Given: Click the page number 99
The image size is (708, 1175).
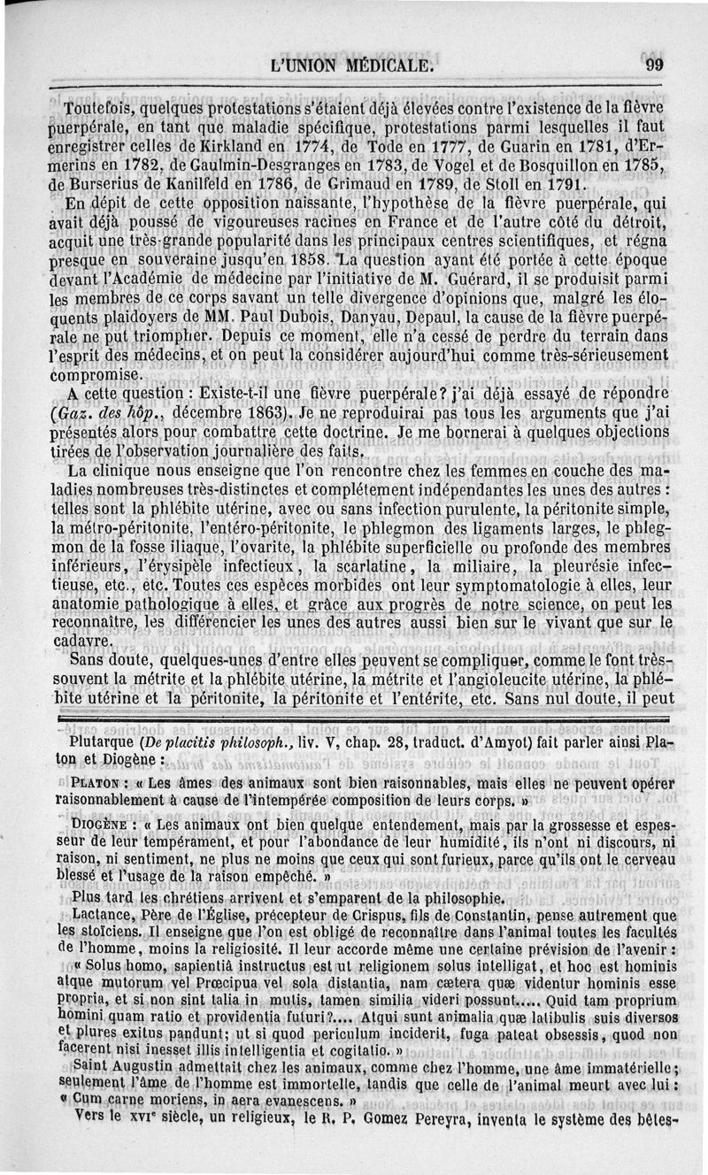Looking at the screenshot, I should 655,65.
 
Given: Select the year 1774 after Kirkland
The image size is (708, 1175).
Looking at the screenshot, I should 311,147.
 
